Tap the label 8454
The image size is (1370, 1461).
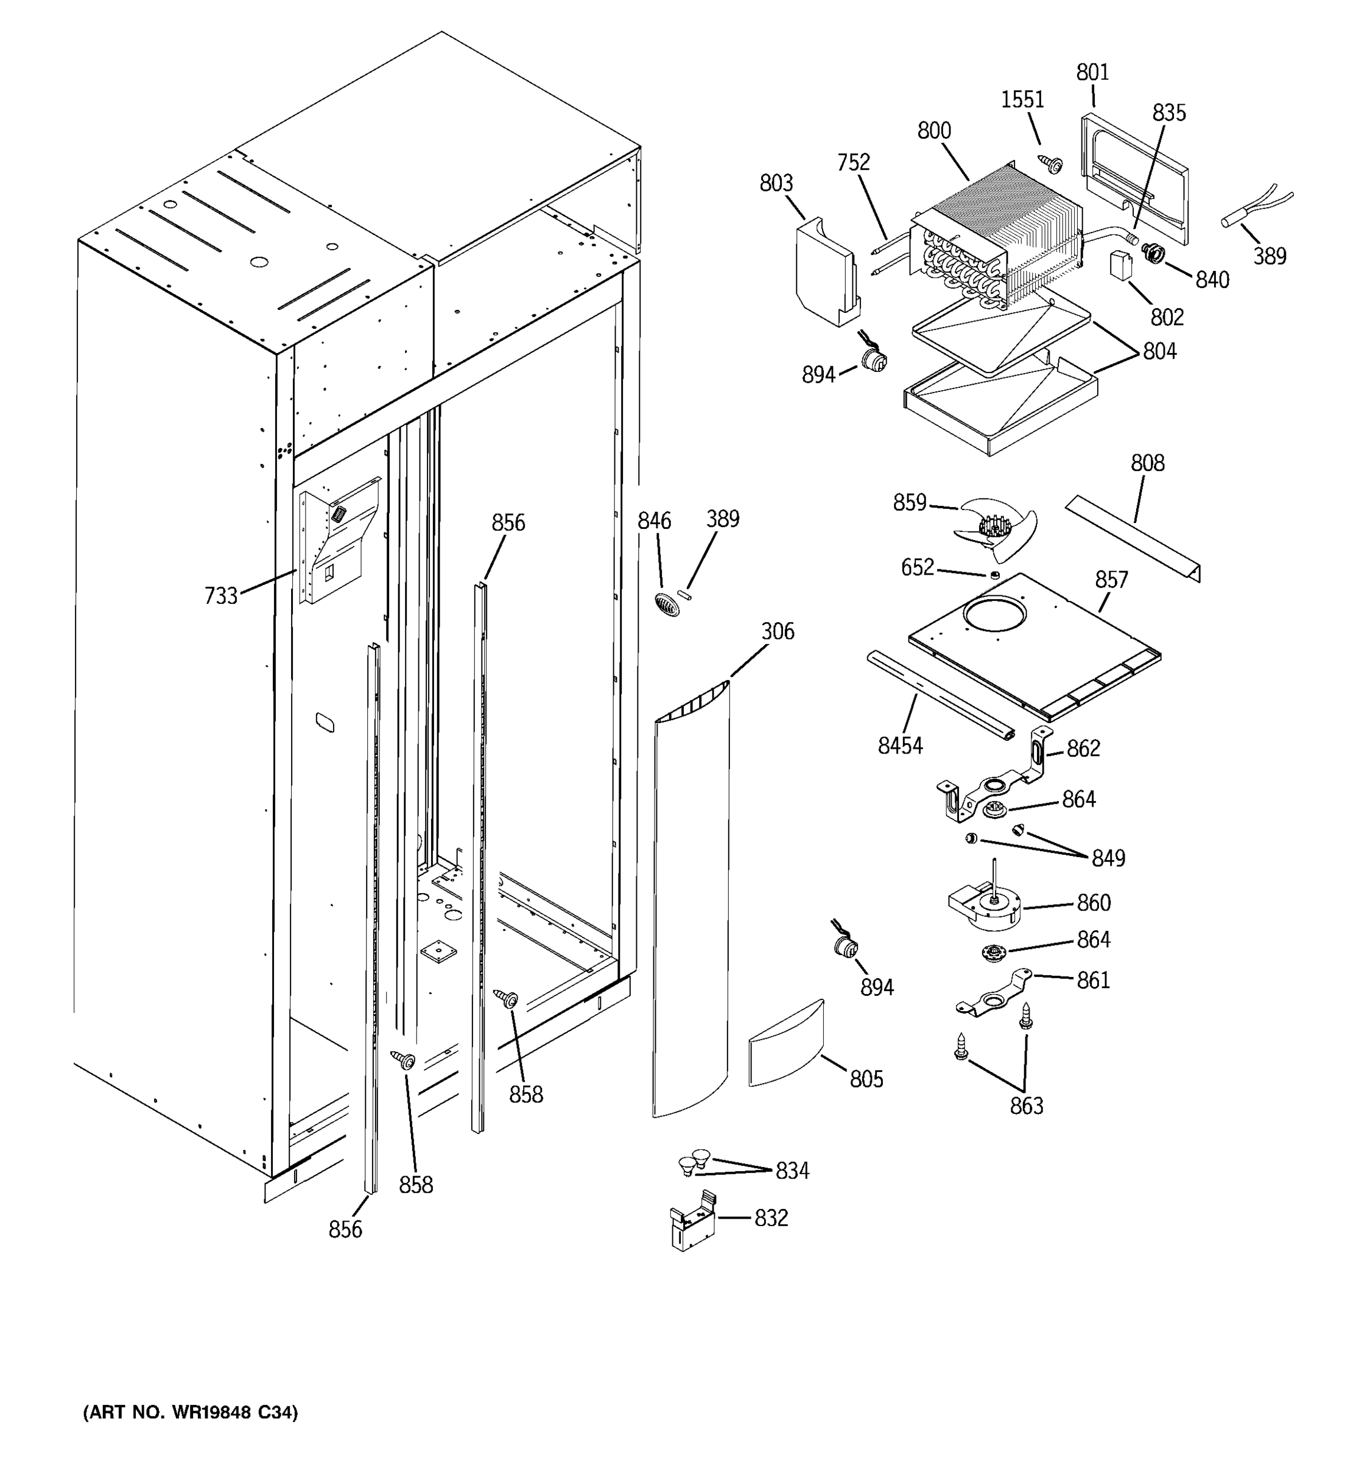pos(899,745)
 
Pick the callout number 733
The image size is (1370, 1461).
pos(220,595)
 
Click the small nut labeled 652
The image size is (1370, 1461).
pos(994,575)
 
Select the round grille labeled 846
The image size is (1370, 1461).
pos(667,604)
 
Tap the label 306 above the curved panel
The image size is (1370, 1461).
pos(777,631)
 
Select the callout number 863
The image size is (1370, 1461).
pos(1026,1106)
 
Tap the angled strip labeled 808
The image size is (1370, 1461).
pos(1132,538)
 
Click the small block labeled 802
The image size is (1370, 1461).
pos(1120,265)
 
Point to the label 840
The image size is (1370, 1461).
pos(1211,280)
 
